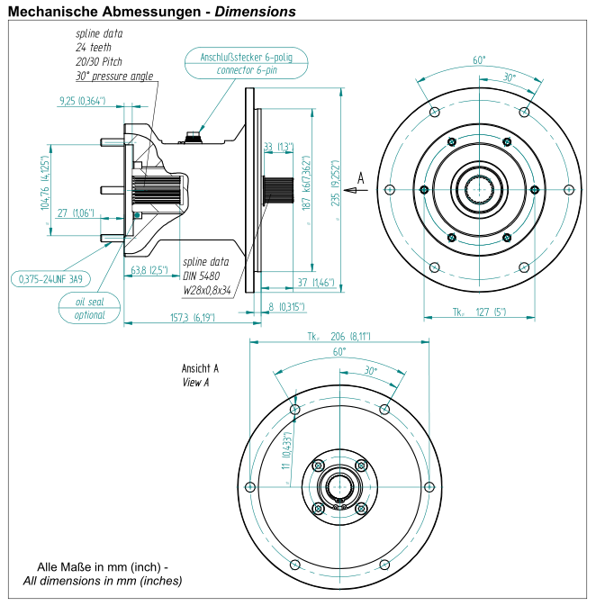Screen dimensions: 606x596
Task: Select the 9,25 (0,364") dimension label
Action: coord(82,101)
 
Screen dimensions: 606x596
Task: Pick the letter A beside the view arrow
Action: coord(361,178)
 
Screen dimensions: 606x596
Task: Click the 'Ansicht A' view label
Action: coord(201,369)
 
